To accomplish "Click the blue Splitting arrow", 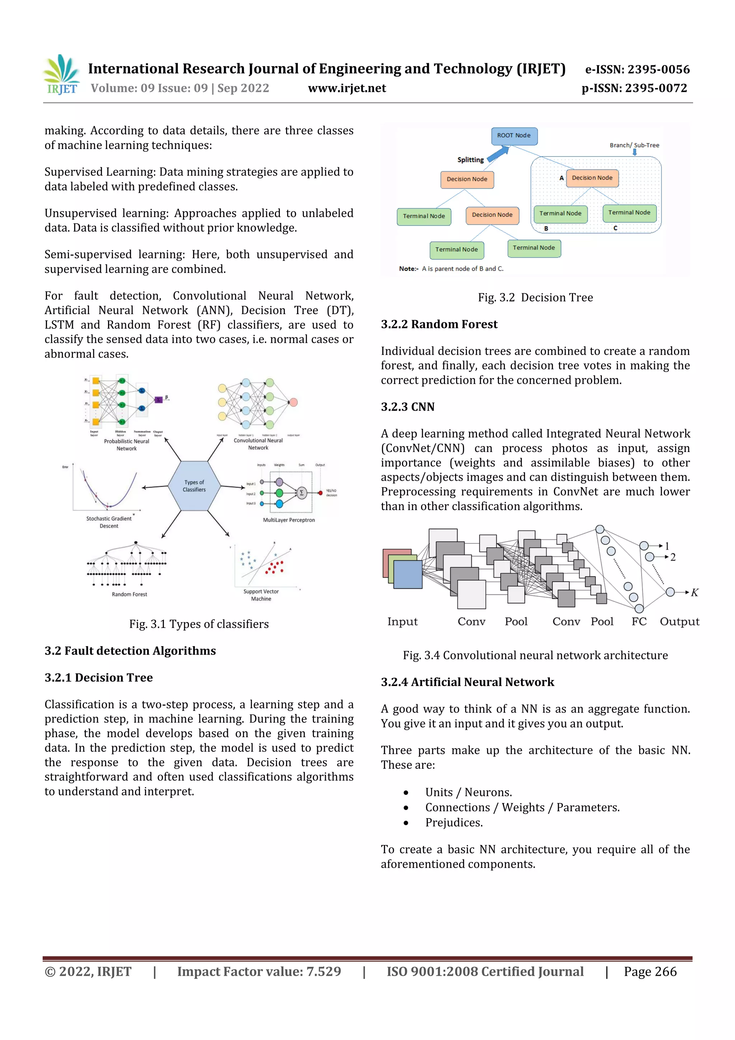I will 498,154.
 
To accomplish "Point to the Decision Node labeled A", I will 591,178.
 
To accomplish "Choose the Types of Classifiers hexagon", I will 194,486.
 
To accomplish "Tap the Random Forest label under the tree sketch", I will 130,594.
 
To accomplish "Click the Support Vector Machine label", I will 261,595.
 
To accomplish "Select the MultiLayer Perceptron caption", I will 289,520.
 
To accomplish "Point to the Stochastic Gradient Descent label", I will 109,522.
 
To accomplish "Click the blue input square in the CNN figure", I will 408,574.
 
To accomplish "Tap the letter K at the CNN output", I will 694,592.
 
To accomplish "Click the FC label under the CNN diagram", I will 638,621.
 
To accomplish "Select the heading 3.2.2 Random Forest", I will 439,324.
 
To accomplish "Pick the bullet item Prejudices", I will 454,822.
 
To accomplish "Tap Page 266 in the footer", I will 650,971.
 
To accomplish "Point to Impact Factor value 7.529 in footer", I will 259,971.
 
